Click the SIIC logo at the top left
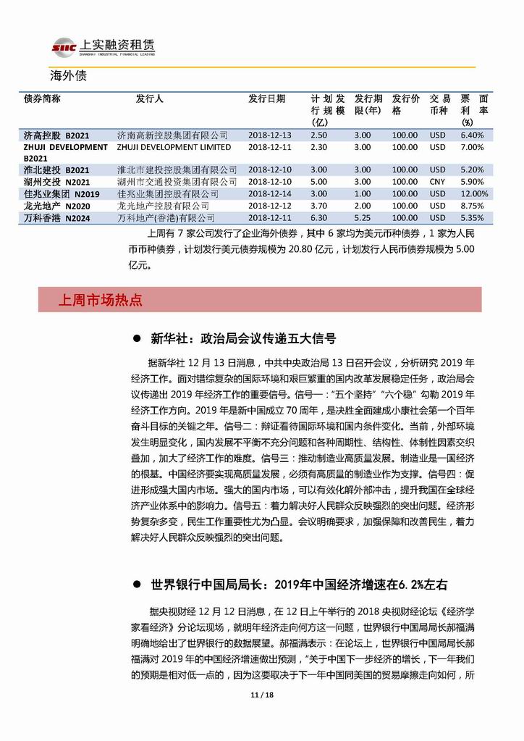tap(64, 48)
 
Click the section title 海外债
tap(68, 75)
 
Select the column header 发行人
tap(150, 99)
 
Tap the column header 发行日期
tap(266, 99)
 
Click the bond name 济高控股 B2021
tap(56, 135)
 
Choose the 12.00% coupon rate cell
tap(474, 194)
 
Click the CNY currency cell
tap(437, 182)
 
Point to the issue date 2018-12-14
tap(269, 194)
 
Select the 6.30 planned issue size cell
tap(318, 217)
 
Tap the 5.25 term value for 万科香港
tap(363, 217)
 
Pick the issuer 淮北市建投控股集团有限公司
tap(177, 170)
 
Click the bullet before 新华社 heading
tap(135, 339)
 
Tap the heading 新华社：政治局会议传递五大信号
tap(242, 339)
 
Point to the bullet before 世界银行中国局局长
tap(135, 584)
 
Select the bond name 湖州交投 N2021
tap(56, 182)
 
